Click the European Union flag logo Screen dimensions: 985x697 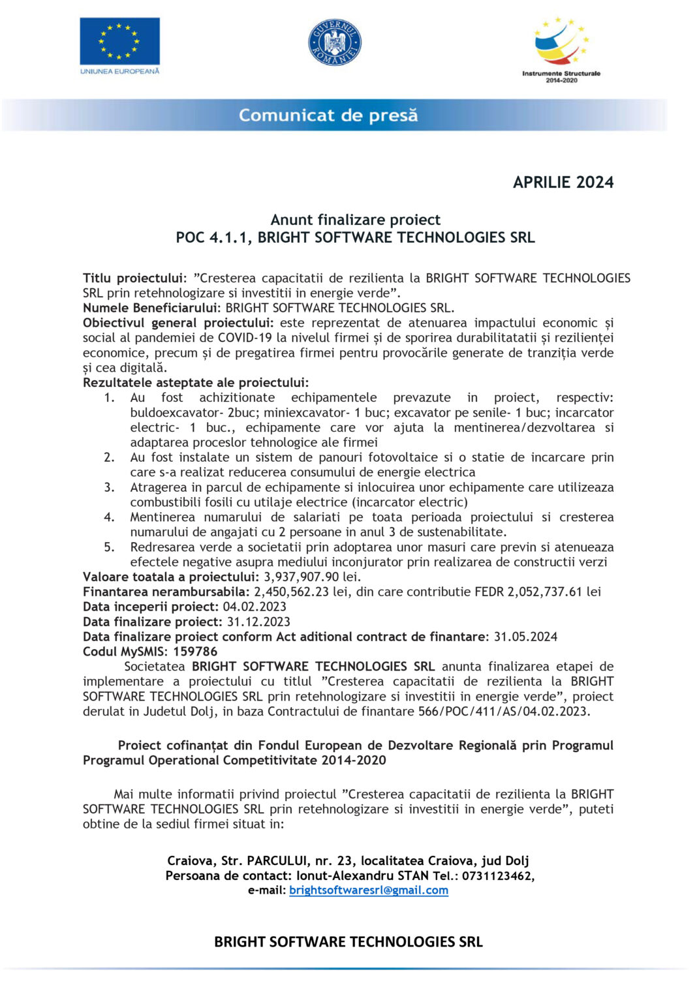pyautogui.click(x=119, y=42)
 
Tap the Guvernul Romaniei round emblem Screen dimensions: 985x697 pyautogui.click(x=334, y=42)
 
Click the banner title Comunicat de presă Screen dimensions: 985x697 pyautogui.click(x=328, y=115)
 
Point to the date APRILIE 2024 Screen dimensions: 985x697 pyautogui.click(x=563, y=183)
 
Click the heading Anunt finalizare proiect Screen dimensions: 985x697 pyautogui.click(x=355, y=220)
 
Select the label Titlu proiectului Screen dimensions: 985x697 pyautogui.click(x=134, y=279)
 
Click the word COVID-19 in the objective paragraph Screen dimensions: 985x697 pyautogui.click(x=245, y=338)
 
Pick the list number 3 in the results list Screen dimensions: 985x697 pyautogui.click(x=109, y=487)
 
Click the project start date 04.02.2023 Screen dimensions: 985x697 pyautogui.click(x=255, y=607)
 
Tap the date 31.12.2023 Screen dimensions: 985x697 pyautogui.click(x=258, y=622)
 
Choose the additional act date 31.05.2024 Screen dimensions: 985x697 pyautogui.click(x=525, y=637)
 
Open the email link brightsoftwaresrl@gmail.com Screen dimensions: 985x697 pyautogui.click(x=369, y=890)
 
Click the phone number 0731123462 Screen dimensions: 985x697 pyautogui.click(x=497, y=876)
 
